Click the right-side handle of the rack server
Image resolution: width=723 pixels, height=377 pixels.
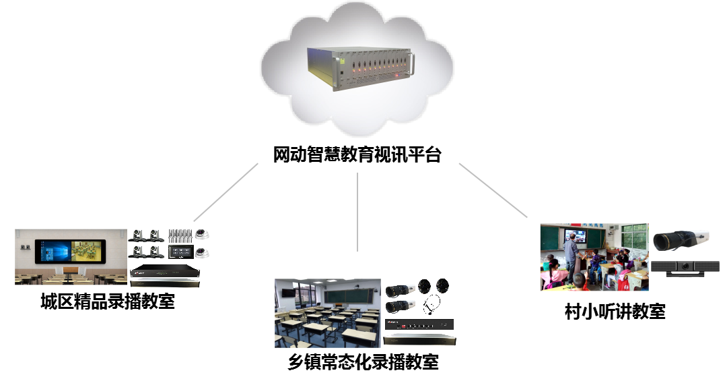(412, 64)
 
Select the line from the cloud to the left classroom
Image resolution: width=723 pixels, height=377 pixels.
(226, 192)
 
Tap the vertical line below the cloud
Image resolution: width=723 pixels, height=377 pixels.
(357, 211)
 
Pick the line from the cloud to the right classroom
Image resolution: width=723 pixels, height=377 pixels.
(493, 190)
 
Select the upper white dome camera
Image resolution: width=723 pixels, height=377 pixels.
(202, 235)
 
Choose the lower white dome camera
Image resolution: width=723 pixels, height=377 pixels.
(202, 253)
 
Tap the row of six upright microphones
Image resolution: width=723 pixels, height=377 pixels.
(180, 235)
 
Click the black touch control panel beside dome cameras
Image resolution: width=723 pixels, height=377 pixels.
(180, 252)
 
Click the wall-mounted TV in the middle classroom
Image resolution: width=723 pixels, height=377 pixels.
(287, 293)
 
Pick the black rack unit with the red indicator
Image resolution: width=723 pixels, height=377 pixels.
(419, 324)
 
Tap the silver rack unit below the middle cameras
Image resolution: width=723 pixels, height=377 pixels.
(419, 339)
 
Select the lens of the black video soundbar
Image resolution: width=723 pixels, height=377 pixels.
(685, 266)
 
